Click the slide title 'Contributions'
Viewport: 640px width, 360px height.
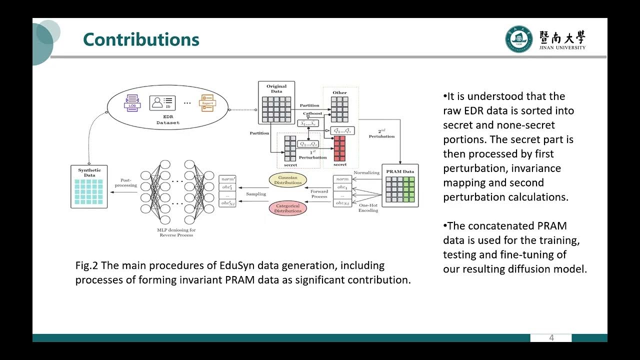141,39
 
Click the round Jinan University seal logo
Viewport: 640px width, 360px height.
518,39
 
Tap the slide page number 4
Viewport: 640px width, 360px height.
551,338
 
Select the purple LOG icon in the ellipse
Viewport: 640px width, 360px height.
132,103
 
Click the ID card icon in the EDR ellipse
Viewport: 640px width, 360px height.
162,103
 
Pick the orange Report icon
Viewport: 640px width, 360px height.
208,103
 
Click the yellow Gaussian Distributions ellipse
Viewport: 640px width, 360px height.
288,180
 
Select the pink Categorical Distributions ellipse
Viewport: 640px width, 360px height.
288,208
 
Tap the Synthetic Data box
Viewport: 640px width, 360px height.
89,186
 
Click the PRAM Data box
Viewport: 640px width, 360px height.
400,185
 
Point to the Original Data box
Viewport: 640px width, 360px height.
276,102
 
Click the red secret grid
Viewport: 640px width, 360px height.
339,148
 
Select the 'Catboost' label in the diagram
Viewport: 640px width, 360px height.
312,114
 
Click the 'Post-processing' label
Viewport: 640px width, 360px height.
125,182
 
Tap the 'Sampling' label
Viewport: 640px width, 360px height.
255,194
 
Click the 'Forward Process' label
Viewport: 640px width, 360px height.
319,194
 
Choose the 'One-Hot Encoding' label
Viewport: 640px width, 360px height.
368,207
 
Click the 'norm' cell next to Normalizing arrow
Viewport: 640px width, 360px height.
342,179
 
